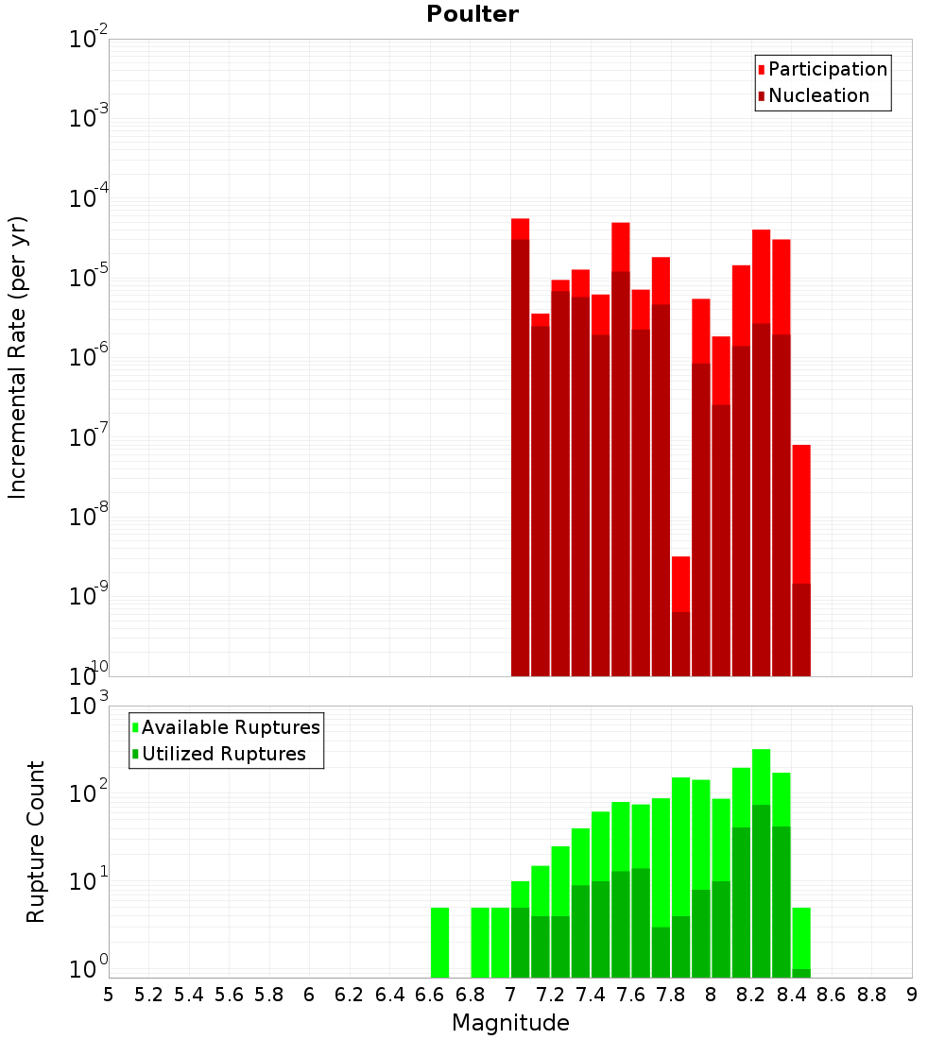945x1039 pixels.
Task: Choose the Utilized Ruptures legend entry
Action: pos(222,754)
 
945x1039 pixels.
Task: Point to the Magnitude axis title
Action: pos(510,1023)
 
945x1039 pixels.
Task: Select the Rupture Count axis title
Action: pos(36,841)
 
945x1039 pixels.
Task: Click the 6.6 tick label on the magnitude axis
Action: pos(429,995)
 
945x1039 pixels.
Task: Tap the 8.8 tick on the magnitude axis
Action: pos(871,995)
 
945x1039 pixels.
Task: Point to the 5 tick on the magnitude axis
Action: pos(109,995)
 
